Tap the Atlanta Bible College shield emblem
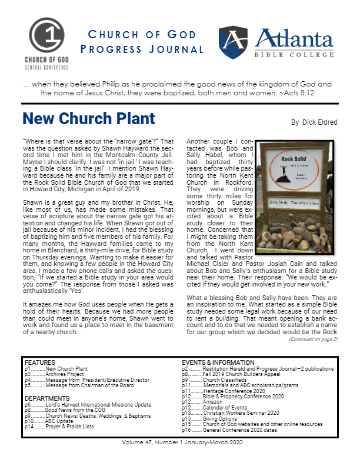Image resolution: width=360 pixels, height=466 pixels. (234, 42)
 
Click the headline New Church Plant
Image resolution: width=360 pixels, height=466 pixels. (89, 119)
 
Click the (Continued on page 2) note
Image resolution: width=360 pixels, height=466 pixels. (312, 339)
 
